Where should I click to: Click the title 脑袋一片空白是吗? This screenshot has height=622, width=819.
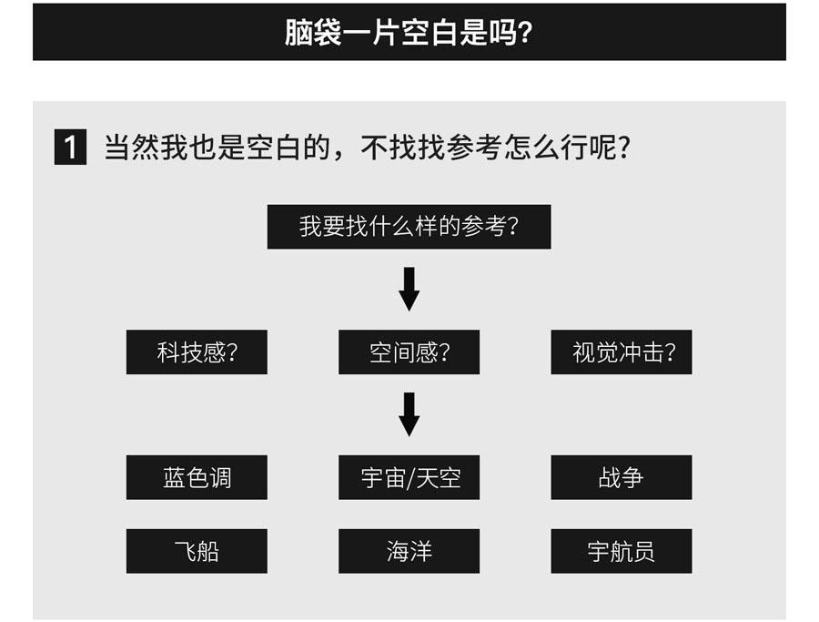pyautogui.click(x=409, y=33)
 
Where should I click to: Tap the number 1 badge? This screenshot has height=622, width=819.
pyautogui.click(x=70, y=148)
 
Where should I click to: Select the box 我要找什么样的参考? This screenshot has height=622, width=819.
pyautogui.click(x=409, y=227)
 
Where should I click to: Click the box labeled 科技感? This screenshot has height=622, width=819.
pyautogui.click(x=197, y=352)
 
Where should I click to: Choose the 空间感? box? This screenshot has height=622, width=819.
pyautogui.click(x=409, y=352)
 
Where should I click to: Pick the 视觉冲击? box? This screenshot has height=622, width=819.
pyautogui.click(x=622, y=352)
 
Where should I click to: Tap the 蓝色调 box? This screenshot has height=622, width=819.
pyautogui.click(x=197, y=477)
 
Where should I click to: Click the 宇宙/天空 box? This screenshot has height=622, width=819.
pyautogui.click(x=409, y=477)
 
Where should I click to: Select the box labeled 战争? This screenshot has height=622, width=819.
pyautogui.click(x=622, y=477)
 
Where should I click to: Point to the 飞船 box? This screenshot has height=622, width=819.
pyautogui.click(x=197, y=551)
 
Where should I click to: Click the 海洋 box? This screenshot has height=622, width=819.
pyautogui.click(x=409, y=551)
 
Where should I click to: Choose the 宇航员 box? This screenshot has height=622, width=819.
pyautogui.click(x=622, y=551)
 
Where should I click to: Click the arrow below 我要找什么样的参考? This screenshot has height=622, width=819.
pyautogui.click(x=409, y=289)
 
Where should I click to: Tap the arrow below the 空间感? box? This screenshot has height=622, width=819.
pyautogui.click(x=409, y=414)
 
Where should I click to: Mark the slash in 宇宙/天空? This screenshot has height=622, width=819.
pyautogui.click(x=410, y=478)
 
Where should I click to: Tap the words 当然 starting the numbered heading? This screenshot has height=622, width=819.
pyautogui.click(x=132, y=148)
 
